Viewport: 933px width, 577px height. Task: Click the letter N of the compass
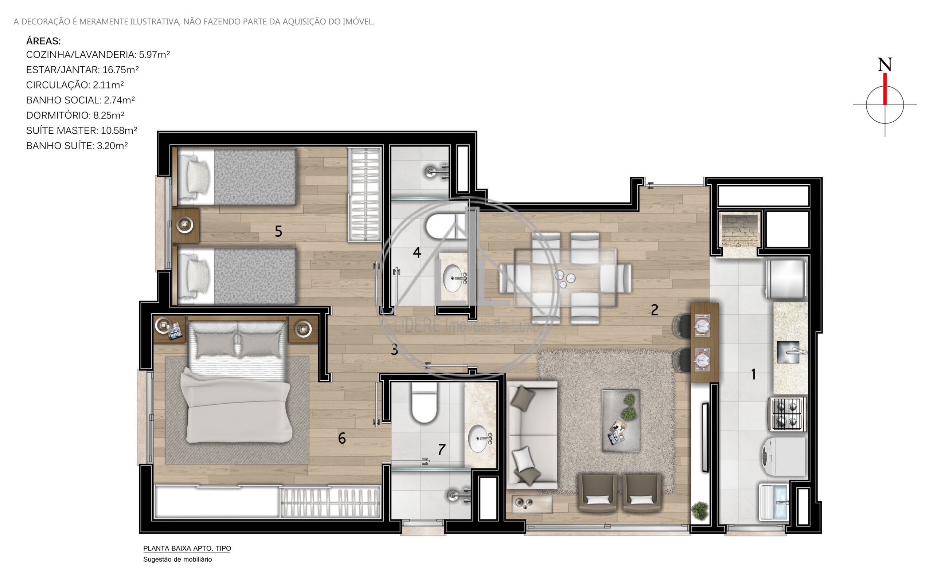[x=884, y=64]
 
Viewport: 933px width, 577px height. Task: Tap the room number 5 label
[x=278, y=231]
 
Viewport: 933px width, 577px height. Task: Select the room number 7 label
[x=441, y=450]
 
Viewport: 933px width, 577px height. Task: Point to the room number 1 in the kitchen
[x=753, y=374]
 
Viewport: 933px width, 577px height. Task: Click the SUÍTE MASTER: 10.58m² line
[x=81, y=130]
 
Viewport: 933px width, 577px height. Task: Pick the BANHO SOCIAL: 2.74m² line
[x=80, y=100]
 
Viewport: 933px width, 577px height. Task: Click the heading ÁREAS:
[x=43, y=41]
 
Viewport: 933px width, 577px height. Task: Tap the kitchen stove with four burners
[x=787, y=414]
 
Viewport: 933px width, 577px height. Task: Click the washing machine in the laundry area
[x=784, y=456]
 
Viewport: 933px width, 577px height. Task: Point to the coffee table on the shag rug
[x=621, y=420]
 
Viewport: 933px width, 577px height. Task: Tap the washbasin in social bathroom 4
[x=453, y=278]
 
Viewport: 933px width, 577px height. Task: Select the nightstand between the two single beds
[x=185, y=225]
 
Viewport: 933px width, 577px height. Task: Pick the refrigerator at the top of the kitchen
[x=786, y=278]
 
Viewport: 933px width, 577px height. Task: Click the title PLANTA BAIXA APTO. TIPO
[x=187, y=548]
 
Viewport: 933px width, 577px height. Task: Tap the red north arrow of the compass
[x=885, y=89]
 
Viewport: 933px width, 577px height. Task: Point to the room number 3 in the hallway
[x=394, y=349]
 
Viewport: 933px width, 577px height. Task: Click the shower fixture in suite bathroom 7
[x=458, y=495]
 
